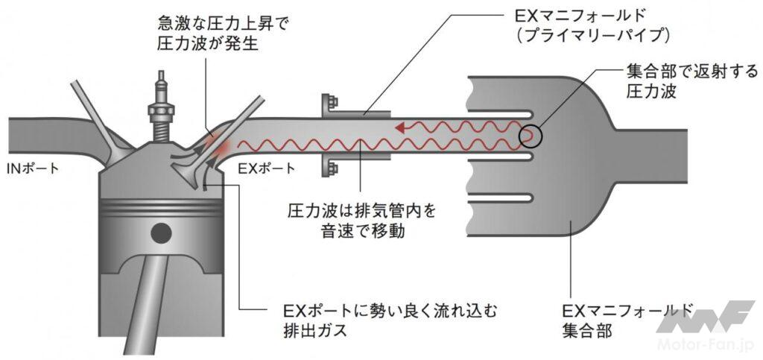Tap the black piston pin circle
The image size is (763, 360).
[160, 233]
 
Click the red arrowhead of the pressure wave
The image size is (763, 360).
[401, 127]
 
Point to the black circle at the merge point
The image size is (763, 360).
[531, 136]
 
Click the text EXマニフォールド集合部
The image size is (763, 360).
[626, 320]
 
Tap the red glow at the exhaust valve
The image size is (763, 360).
[218, 145]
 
